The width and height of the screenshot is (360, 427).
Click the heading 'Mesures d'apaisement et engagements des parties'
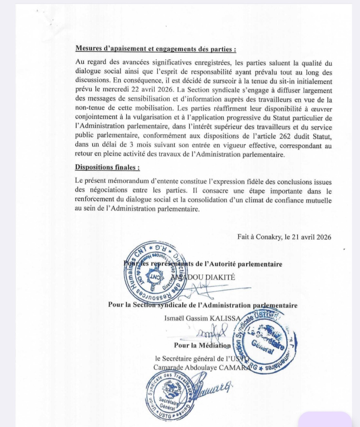(x=155, y=49)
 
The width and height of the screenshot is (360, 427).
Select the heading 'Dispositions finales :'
(x=107, y=167)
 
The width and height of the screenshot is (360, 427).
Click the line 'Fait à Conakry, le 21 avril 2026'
(x=284, y=237)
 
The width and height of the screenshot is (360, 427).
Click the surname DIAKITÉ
(x=220, y=277)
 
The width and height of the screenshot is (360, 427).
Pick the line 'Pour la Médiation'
(x=202, y=345)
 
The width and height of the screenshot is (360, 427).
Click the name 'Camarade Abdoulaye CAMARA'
(x=200, y=367)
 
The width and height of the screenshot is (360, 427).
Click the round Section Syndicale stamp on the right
(x=264, y=341)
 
